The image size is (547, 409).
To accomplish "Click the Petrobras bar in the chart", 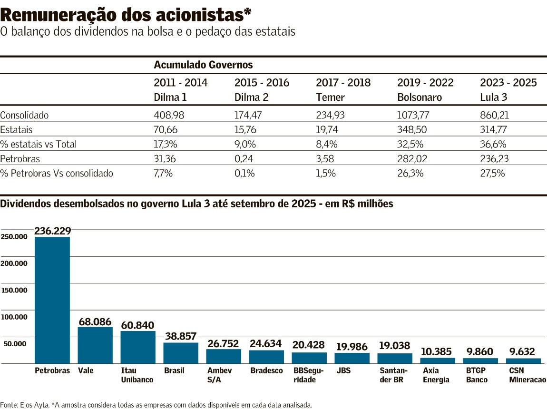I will coord(52,300).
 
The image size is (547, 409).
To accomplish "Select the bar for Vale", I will coord(95,345).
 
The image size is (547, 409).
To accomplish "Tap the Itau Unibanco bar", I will coord(138,347).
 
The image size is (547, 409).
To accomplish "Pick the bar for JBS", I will coord(352,358).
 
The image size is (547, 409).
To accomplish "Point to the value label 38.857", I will coord(180,336).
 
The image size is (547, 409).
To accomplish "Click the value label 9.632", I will coord(522,352).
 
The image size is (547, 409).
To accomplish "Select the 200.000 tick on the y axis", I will coord(14,263).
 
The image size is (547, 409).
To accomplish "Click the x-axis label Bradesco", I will coord(266,370).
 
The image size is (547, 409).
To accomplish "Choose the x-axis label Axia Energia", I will coord(436,375).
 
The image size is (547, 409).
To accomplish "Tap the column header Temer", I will coord(330,97).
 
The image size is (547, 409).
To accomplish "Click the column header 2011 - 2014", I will coord(181,83).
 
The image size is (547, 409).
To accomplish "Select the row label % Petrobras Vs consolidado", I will coord(57,173).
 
